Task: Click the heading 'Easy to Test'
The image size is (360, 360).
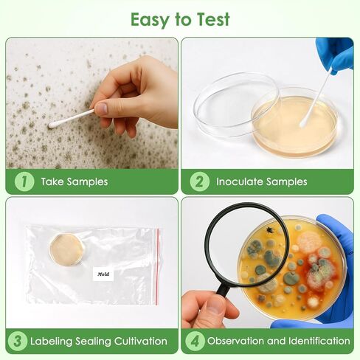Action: [x=180, y=18]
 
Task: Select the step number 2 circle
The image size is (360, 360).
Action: [x=199, y=181]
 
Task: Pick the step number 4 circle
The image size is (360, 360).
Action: [x=194, y=341]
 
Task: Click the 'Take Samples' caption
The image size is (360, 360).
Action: [x=74, y=181]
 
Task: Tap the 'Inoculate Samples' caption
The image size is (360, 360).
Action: [x=261, y=181]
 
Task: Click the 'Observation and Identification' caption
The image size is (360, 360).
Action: [x=278, y=341]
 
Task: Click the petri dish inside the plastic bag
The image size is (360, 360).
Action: [x=66, y=249]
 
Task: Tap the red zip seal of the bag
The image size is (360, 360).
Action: [x=157, y=265]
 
